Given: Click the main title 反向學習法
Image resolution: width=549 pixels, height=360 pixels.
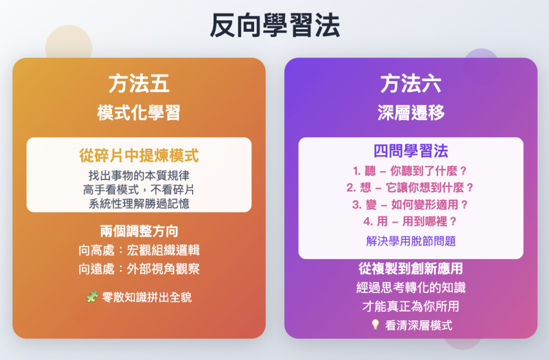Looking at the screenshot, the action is pos(275,25).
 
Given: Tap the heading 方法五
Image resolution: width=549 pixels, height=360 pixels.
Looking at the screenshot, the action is pos(139,83).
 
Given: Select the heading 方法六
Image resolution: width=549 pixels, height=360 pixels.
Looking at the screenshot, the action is pos(411,83).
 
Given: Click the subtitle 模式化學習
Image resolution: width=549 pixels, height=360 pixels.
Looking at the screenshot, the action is pos(139,113).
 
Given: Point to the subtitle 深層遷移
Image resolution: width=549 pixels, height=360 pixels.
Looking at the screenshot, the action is pos(411,113).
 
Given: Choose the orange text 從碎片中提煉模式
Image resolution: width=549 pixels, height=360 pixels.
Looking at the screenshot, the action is pos(139,156).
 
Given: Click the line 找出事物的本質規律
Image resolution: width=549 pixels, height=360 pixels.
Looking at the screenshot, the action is pos(139,175).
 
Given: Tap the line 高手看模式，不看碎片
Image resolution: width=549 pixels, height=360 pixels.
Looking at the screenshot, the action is pos(139,190).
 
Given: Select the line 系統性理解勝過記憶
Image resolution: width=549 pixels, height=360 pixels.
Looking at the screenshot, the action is pos(139,204).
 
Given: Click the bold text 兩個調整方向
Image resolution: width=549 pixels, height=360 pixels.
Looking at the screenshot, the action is pos(139,231).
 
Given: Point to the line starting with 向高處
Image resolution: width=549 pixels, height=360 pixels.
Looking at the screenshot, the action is pos(139,250).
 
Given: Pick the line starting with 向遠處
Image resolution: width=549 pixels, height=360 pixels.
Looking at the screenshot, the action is pos(139,269).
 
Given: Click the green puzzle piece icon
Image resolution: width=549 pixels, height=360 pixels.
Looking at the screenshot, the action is pos(92,297).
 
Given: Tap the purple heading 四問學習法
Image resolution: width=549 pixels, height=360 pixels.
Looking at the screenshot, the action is pos(411,151).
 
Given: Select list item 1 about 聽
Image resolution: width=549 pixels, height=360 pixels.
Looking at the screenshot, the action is pos(410,171).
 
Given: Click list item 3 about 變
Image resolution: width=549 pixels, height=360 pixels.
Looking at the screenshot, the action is pos(410,204).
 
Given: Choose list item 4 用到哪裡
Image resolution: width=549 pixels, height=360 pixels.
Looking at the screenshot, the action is pos(410,221).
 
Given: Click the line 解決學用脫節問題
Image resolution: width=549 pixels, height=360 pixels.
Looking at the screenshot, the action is pos(411,241).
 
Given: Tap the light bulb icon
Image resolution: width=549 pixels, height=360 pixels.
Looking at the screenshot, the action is pos(375,325).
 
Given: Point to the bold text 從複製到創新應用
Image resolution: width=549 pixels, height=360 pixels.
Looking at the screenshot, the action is pos(411,268).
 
